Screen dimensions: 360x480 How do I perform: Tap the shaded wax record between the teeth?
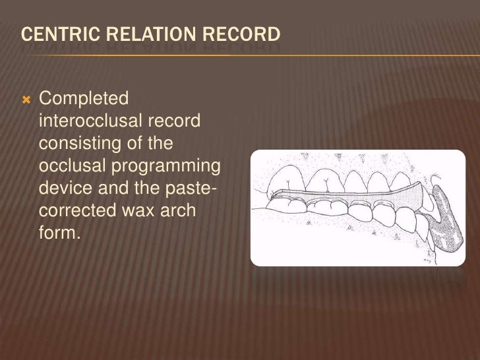[343, 198]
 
